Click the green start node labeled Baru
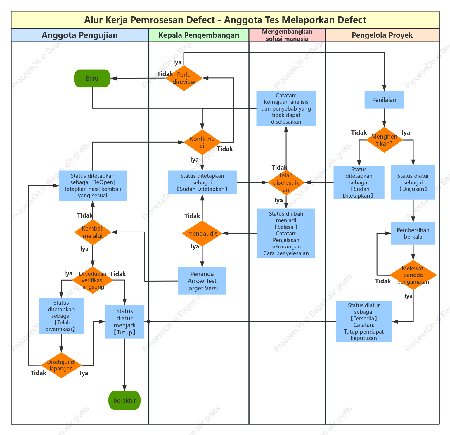tap(92, 78)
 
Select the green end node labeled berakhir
tap(124, 400)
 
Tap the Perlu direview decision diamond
tap(184, 78)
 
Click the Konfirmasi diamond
tap(202, 142)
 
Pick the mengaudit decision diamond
tap(202, 233)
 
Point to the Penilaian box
tap(384, 100)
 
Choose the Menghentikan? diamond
tap(384, 140)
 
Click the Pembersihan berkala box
tap(413, 233)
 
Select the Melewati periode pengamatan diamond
tap(413, 275)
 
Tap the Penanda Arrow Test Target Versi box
tap(202, 281)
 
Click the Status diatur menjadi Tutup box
tap(125, 322)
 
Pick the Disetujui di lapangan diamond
tap(61, 365)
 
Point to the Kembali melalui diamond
tap(93, 232)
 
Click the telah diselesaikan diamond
tap(286, 182)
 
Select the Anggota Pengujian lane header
tap(80, 35)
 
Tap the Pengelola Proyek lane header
tap(382, 35)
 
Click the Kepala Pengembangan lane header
tap(199, 35)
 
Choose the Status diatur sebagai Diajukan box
tap(413, 182)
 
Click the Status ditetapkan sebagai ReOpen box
tap(93, 186)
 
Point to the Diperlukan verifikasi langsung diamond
tap(93, 280)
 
